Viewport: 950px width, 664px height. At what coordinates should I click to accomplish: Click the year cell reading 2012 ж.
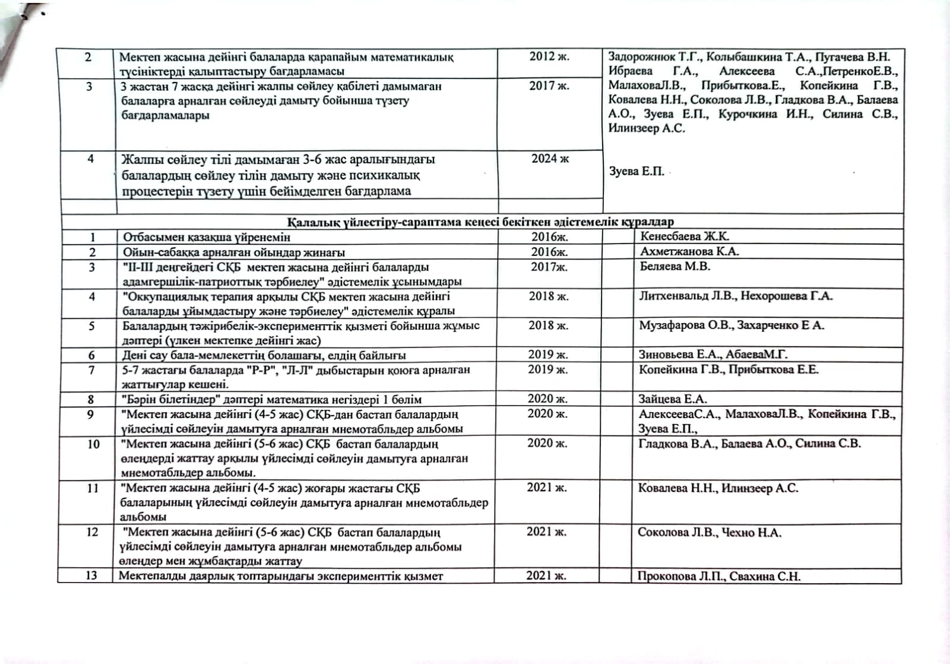pos(549,57)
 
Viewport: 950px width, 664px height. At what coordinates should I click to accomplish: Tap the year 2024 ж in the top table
pos(550,159)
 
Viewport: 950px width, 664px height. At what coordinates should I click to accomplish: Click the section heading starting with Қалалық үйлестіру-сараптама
pos(480,222)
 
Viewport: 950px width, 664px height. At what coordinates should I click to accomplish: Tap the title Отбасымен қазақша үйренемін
pos(207,237)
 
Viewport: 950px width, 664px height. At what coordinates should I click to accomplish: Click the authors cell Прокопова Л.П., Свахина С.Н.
pos(718,576)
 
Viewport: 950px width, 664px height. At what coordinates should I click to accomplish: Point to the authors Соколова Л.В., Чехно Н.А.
pos(709,532)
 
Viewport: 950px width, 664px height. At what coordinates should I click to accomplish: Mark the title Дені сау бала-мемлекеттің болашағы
pos(264,355)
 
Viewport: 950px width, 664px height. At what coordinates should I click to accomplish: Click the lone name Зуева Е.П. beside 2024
pos(636,172)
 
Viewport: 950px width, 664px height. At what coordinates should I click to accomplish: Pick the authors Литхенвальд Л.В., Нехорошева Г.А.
pos(736,296)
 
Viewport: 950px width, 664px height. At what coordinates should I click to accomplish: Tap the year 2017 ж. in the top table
pos(549,86)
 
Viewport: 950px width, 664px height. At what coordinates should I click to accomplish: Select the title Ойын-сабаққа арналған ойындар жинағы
pos(234,252)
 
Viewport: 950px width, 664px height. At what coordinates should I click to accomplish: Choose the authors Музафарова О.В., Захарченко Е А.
pos(731,325)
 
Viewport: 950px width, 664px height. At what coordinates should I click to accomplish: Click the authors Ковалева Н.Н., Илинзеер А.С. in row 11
pos(718,488)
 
